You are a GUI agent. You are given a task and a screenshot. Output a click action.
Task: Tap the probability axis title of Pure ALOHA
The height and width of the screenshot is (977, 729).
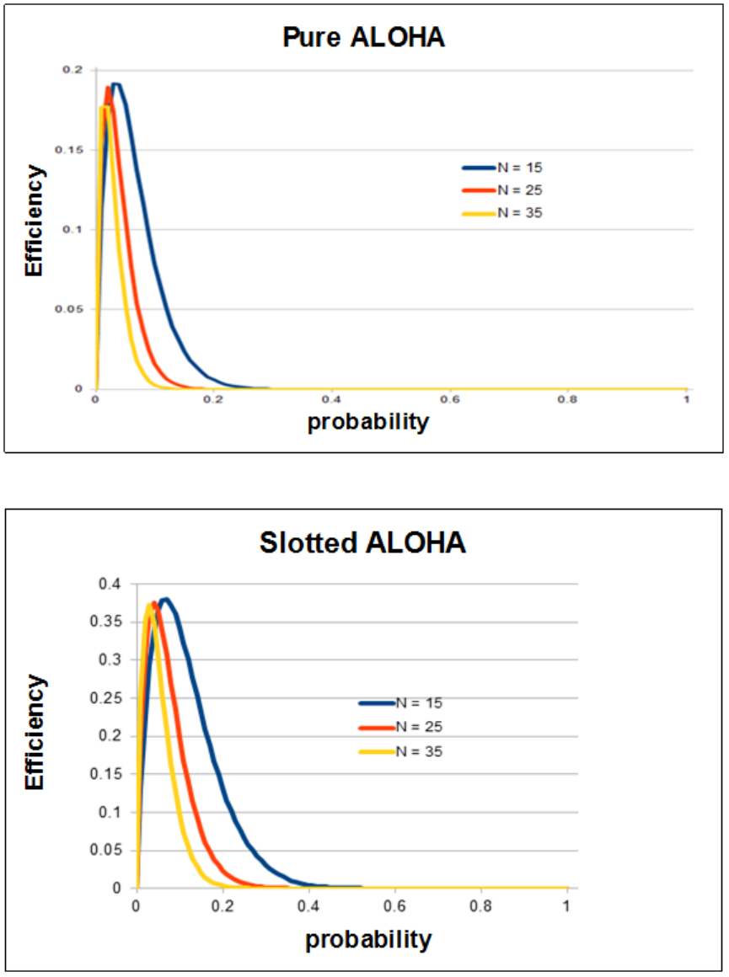(x=367, y=421)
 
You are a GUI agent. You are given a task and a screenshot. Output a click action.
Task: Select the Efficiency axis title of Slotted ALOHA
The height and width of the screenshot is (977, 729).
(x=35, y=731)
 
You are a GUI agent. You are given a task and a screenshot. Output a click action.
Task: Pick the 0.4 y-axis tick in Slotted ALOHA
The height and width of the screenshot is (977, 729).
(x=113, y=584)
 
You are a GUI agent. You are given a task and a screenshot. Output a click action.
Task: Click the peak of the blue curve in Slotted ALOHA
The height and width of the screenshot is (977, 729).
(x=165, y=600)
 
